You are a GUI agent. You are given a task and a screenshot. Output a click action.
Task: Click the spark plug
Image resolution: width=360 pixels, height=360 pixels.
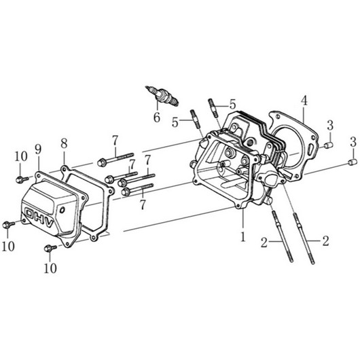click(x=162, y=96)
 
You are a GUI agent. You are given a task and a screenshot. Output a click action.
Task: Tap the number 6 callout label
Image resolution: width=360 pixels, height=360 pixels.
click(x=157, y=118)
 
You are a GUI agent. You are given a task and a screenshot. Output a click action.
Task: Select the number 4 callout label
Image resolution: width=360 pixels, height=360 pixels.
click(x=304, y=101)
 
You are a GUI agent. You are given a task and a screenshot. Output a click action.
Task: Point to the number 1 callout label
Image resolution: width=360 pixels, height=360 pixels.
click(x=243, y=236)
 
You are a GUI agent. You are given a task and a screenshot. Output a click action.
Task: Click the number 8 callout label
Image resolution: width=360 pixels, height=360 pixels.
click(x=64, y=143)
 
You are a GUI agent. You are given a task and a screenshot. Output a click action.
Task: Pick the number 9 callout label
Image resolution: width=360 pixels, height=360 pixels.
click(x=38, y=149)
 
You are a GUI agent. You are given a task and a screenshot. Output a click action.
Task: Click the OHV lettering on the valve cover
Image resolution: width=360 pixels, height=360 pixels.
click(x=39, y=217)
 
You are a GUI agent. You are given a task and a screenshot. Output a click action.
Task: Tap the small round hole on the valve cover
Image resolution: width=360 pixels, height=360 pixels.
click(x=62, y=209)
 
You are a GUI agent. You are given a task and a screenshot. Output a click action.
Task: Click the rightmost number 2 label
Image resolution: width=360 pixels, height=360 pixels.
click(x=325, y=241)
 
